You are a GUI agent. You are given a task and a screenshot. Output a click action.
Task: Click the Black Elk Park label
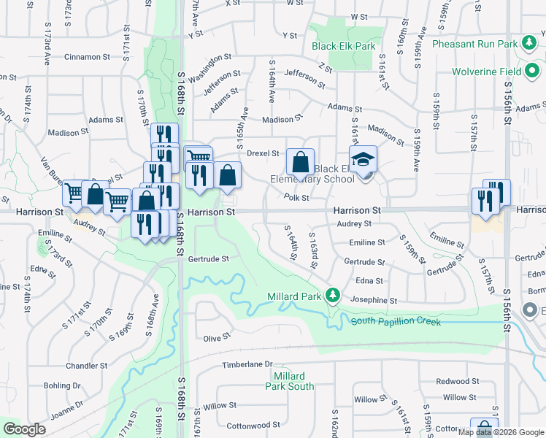point(344,46)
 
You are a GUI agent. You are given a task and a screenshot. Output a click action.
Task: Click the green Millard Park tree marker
point(333,295)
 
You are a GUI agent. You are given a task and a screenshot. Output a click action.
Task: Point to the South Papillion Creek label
point(396,321)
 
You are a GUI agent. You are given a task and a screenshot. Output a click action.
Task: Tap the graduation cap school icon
point(363,159)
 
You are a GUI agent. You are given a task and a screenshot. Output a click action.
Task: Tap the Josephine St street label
point(373,300)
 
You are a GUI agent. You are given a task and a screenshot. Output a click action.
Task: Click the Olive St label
point(216,338)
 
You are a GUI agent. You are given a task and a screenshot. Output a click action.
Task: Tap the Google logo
point(24,429)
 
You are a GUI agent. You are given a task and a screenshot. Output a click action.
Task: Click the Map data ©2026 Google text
point(501,432)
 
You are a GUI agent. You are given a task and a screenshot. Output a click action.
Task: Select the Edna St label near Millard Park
point(369,280)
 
